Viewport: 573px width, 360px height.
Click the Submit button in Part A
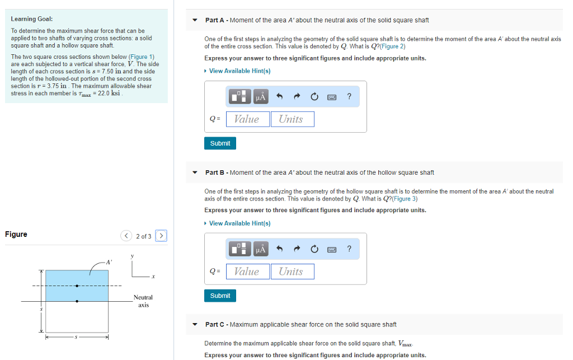point(220,143)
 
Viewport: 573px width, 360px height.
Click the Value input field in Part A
point(246,119)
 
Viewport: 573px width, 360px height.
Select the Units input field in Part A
point(292,119)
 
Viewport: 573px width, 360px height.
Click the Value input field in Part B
point(246,272)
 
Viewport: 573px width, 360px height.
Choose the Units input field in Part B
point(292,272)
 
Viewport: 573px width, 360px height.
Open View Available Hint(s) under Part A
point(239,71)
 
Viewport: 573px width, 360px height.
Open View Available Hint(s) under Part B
point(239,223)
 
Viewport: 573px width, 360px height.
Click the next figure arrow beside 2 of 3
point(161,236)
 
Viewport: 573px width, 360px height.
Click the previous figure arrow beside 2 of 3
point(126,236)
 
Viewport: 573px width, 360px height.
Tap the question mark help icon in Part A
point(349,97)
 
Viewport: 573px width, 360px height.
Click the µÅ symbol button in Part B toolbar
point(260,249)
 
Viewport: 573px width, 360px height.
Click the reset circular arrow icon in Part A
point(314,97)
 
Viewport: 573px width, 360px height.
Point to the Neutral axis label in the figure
point(143,301)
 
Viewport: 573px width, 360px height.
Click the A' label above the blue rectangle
point(109,261)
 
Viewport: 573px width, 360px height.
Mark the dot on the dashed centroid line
point(77,286)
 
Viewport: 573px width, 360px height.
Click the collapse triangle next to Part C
point(195,325)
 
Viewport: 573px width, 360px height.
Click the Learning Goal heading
point(32,19)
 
